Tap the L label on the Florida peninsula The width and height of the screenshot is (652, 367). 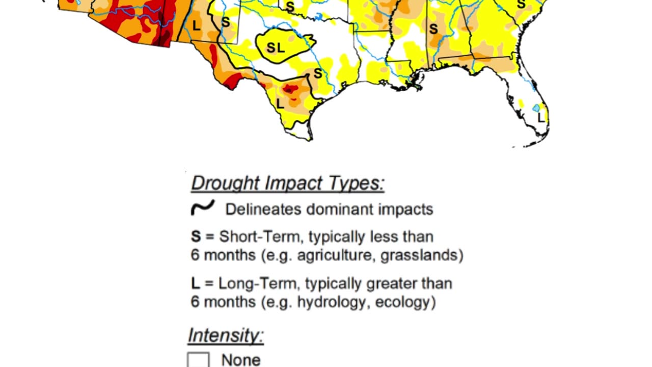point(541,118)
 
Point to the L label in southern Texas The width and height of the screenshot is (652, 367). point(280,103)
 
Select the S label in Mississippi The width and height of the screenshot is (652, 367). point(433,29)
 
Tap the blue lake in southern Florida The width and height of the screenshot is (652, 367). point(536,108)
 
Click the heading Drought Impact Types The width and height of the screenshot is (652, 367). point(288,183)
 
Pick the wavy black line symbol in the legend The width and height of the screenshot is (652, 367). point(202,208)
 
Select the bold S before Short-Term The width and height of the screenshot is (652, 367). point(196,237)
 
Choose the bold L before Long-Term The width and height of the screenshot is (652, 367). point(195,283)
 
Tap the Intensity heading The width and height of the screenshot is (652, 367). point(226,335)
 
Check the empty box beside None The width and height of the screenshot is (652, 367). point(198,360)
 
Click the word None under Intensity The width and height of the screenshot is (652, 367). point(240,360)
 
